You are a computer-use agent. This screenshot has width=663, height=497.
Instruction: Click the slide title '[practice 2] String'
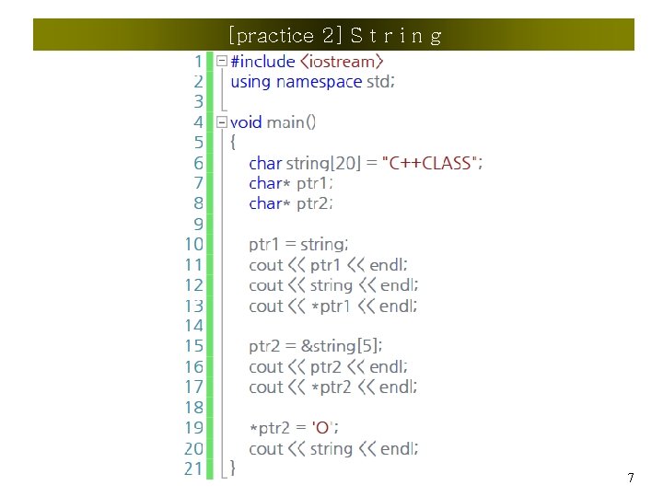tap(334, 36)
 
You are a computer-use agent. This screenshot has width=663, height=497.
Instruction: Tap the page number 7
tap(630, 478)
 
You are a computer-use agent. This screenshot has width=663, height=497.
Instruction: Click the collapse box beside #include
tap(222, 62)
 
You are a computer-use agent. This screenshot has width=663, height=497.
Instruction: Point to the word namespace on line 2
tap(319, 82)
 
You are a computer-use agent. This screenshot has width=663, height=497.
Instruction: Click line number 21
tap(193, 468)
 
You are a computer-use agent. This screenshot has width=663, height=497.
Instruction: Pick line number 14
tap(193, 326)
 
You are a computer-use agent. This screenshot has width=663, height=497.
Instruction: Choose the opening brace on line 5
tap(233, 143)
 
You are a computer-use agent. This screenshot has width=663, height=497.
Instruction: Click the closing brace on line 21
tap(233, 468)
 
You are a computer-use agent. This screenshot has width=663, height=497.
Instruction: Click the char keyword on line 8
tap(264, 203)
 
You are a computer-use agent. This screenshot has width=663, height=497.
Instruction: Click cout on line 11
tap(266, 265)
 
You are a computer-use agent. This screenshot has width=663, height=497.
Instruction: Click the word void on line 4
tap(246, 122)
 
